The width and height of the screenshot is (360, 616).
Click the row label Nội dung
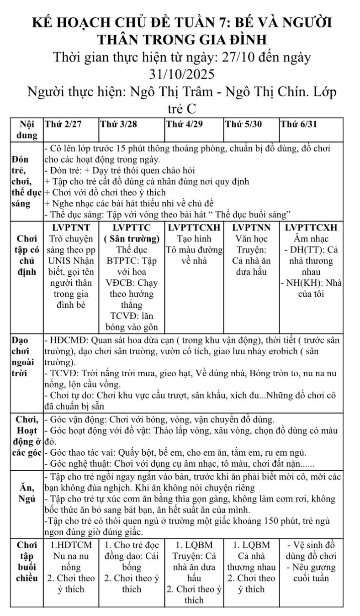click(27, 130)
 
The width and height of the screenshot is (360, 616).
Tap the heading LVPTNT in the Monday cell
click(71, 227)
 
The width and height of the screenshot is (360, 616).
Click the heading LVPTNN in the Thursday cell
click(251, 227)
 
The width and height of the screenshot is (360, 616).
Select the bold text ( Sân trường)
click(132, 238)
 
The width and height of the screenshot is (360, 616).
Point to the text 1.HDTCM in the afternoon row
click(71, 545)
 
